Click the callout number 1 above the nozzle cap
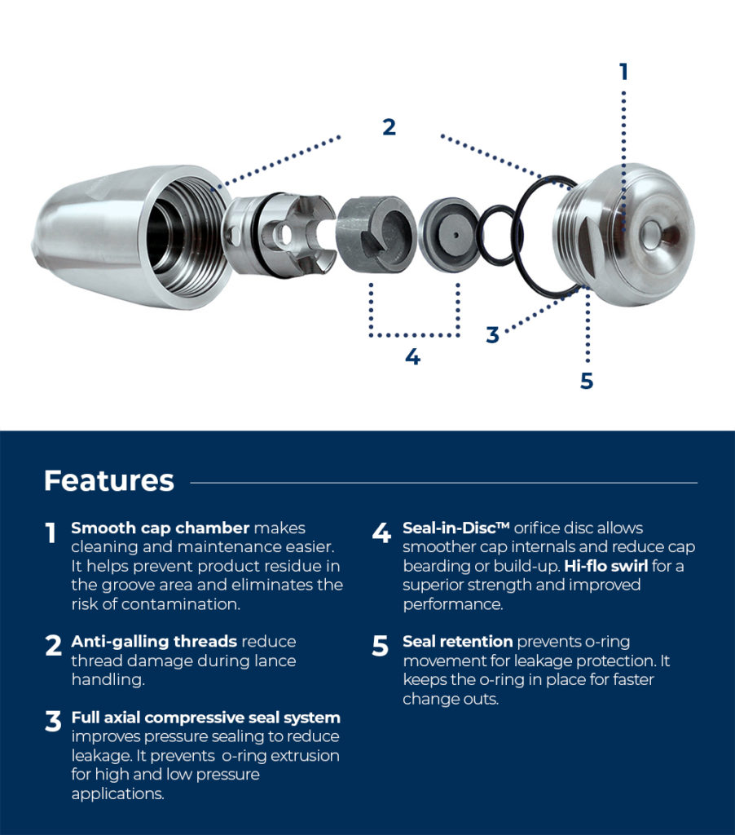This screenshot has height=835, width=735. click(623, 72)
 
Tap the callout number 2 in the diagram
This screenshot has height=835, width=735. click(389, 127)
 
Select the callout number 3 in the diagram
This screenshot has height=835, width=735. click(492, 335)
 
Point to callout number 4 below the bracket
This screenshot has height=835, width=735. click(413, 357)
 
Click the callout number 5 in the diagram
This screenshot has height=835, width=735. click(587, 381)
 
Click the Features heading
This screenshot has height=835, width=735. click(108, 480)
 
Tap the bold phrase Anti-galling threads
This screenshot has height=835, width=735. click(154, 642)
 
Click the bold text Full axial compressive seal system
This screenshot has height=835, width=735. click(205, 718)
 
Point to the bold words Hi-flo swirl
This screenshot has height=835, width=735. click(600, 566)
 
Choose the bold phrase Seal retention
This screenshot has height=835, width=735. click(458, 642)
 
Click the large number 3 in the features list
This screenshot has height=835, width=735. click(53, 722)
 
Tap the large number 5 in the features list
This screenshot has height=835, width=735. click(381, 646)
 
